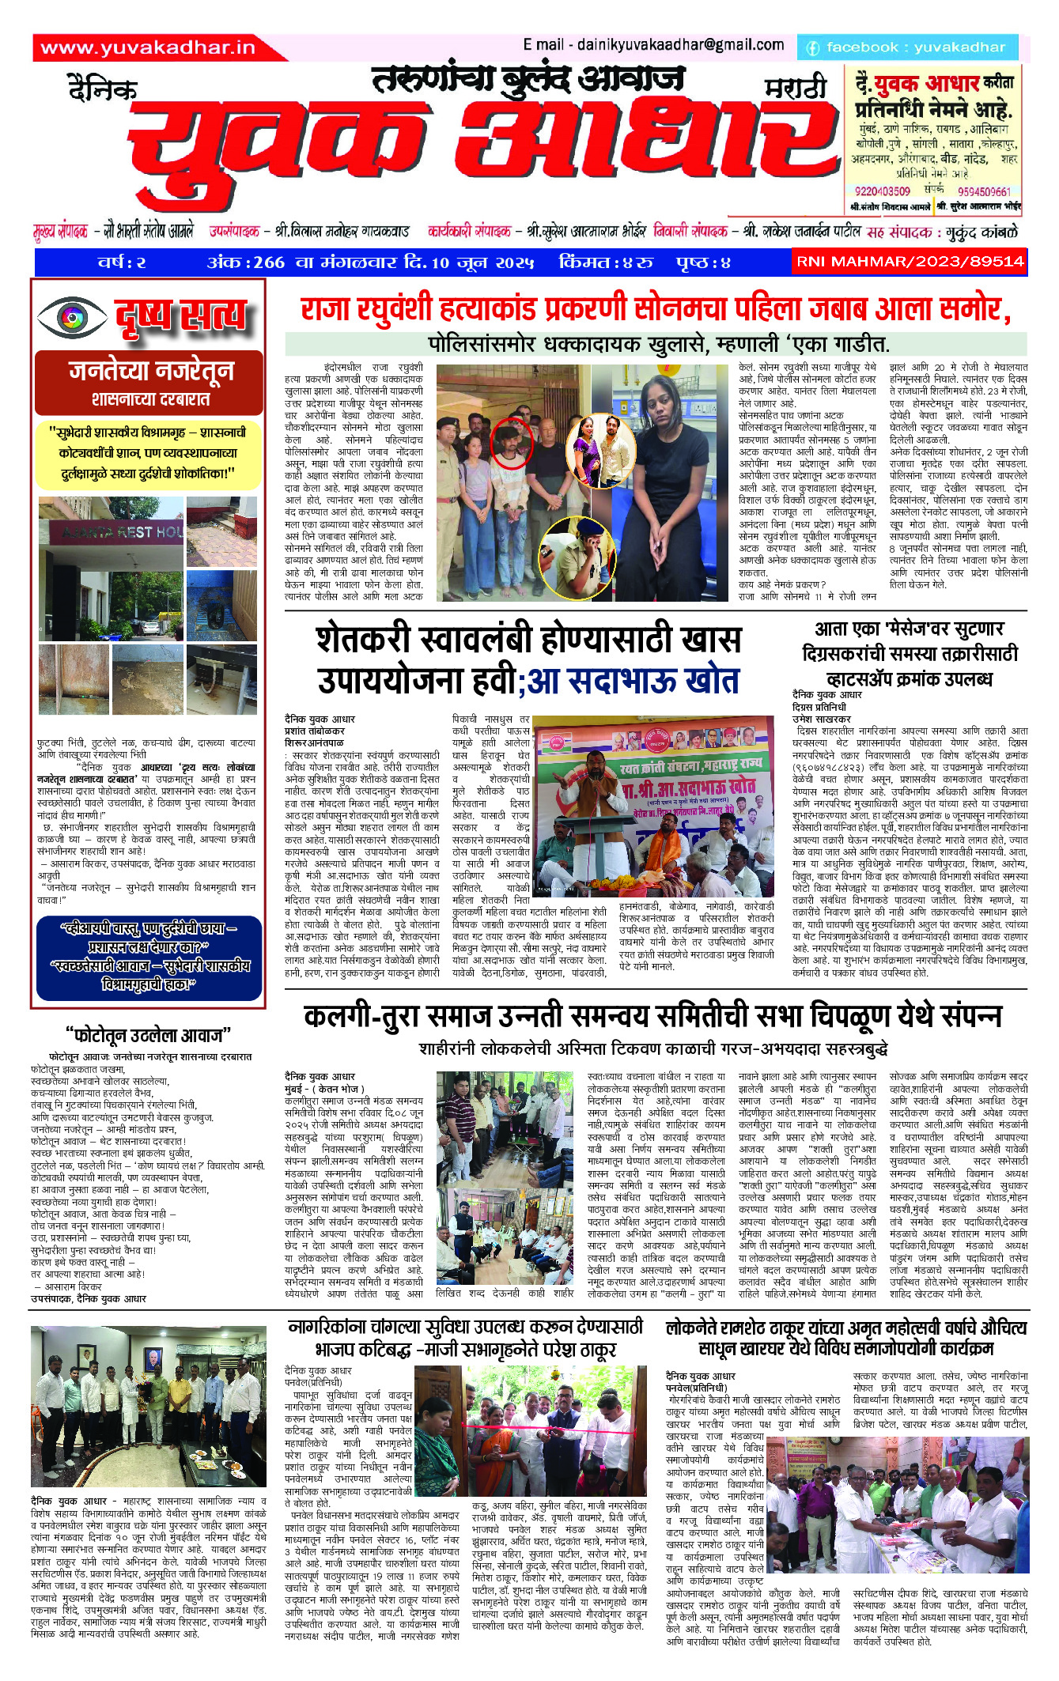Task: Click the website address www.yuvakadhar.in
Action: (x=148, y=48)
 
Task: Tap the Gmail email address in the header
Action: (x=652, y=45)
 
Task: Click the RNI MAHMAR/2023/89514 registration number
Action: (x=910, y=262)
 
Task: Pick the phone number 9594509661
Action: (x=983, y=191)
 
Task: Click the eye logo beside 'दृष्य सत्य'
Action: (x=71, y=317)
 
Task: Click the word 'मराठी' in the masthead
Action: (x=795, y=89)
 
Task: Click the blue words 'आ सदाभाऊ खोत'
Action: (x=633, y=681)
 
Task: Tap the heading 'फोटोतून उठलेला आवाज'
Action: (x=148, y=1035)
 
